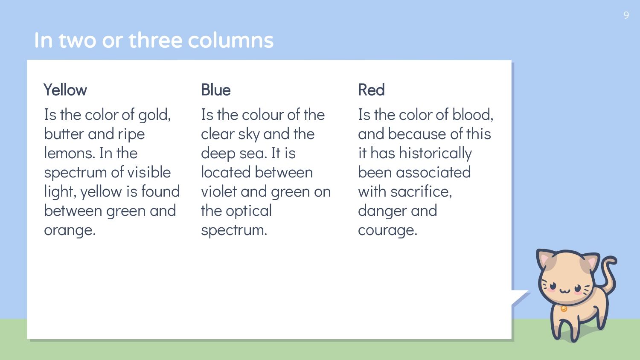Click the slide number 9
point(626,15)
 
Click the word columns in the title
point(230,40)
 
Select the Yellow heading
point(65,90)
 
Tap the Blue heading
point(216,90)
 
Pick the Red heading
point(371,90)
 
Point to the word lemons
point(69,153)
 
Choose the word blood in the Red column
point(473,115)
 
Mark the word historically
point(435,154)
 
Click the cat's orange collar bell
point(564,309)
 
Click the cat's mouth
point(564,291)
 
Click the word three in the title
point(155,40)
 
